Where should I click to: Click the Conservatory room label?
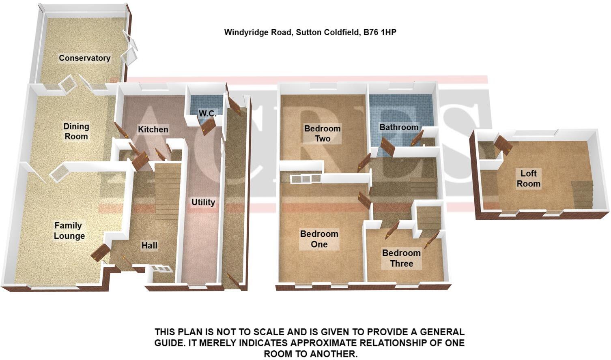pyautogui.click(x=84, y=58)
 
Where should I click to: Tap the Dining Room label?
pyautogui.click(x=76, y=131)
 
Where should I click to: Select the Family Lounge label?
pyautogui.click(x=69, y=231)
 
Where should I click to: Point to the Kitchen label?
pyautogui.click(x=153, y=129)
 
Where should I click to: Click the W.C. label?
pyautogui.click(x=207, y=113)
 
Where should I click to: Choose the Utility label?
pyautogui.click(x=203, y=202)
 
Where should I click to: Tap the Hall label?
pyautogui.click(x=149, y=245)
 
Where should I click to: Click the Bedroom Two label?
pyautogui.click(x=323, y=133)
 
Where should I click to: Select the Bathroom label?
pyautogui.click(x=399, y=127)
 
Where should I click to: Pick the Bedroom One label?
pyautogui.click(x=319, y=239)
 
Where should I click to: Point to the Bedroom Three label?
pyautogui.click(x=401, y=258)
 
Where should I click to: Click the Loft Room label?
pyautogui.click(x=528, y=178)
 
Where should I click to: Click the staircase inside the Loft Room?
pyautogui.click(x=582, y=195)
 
